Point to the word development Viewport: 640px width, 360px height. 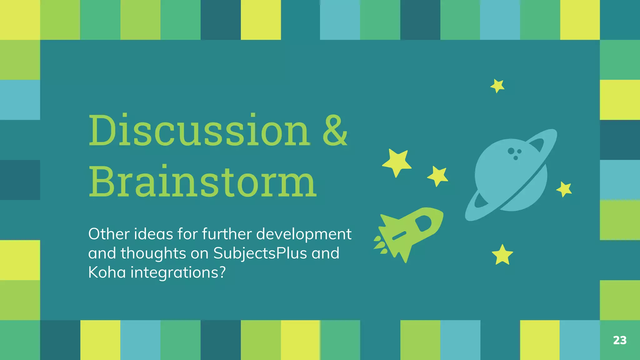pos(304,234)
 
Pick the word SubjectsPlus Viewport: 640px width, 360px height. pos(260,253)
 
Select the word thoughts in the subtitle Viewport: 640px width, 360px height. pos(153,253)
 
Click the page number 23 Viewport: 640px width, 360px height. pos(620,340)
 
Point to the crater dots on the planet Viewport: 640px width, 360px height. pos(514,153)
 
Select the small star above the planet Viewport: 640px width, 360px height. pos(497,86)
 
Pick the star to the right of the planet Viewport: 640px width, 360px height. pos(564,189)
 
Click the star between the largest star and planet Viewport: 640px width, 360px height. pos(438,176)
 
